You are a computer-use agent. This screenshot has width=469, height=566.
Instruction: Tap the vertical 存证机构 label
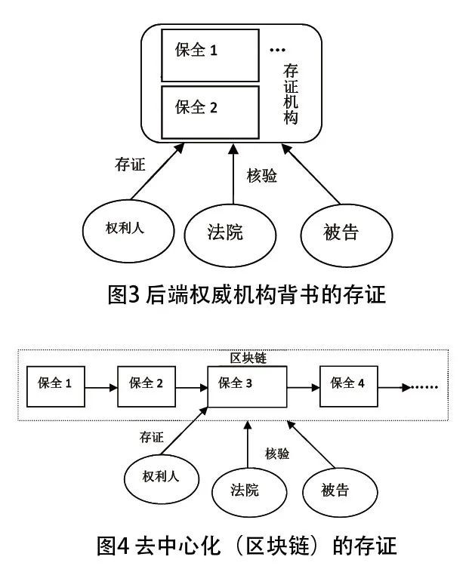291,94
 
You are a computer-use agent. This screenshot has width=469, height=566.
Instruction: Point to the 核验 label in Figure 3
262,176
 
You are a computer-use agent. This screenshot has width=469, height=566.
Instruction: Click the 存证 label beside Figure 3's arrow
130,165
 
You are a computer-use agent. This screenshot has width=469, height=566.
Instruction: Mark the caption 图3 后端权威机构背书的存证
247,294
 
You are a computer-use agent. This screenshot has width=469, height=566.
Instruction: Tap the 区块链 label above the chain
248,358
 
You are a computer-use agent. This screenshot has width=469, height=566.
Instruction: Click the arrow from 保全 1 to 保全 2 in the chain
101,388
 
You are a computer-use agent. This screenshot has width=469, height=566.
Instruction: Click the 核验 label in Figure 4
277,454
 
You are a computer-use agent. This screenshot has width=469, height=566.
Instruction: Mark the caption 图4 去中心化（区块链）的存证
247,545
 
